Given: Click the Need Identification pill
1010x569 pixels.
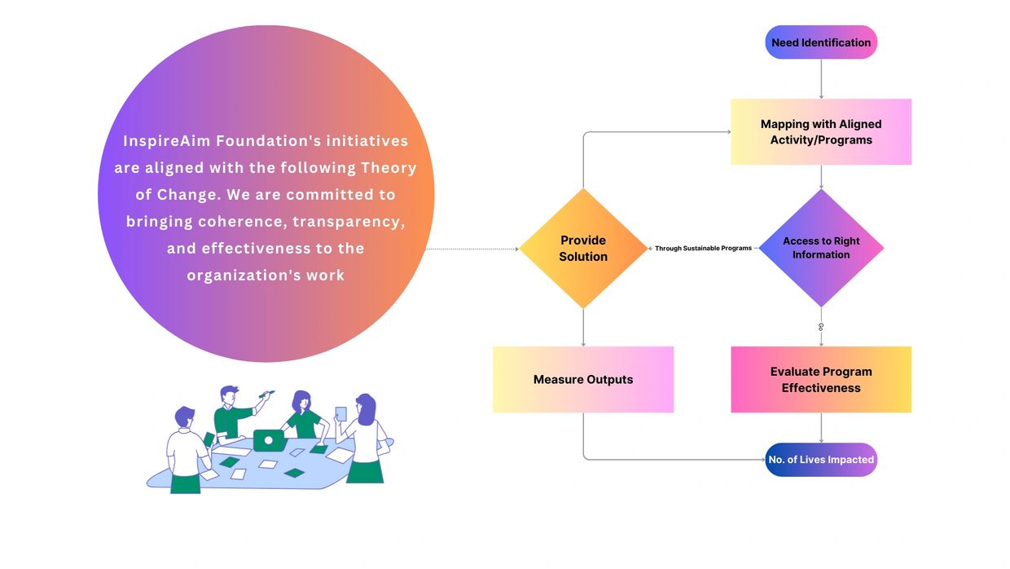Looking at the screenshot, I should [821, 42].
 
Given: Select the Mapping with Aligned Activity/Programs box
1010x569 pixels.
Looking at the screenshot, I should [821, 132].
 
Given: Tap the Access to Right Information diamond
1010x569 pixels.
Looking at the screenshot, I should [821, 248].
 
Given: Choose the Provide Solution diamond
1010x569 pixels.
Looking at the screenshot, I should [583, 249].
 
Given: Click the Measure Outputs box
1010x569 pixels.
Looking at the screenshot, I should [583, 379].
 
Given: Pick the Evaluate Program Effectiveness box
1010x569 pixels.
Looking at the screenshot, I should [821, 379].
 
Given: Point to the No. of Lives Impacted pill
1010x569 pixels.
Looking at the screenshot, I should [821, 460].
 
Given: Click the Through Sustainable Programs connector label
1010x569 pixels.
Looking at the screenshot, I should [703, 249].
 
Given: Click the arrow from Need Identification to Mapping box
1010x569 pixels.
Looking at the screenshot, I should [821, 79].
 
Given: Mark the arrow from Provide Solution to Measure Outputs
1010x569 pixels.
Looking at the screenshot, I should [583, 328].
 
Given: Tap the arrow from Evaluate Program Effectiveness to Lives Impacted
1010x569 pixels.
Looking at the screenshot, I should [821, 427].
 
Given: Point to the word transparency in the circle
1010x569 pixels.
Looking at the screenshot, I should [349, 222].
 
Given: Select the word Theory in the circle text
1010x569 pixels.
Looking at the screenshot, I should [389, 168].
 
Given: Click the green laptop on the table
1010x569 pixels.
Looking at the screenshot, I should [269, 441].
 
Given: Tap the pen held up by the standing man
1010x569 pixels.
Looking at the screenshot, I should [266, 395].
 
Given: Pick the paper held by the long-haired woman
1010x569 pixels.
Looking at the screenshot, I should [340, 414].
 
